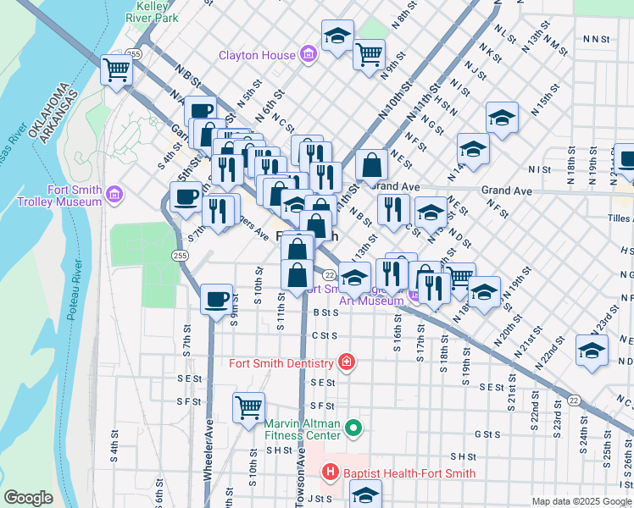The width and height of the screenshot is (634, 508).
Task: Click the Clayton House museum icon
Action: (x=308, y=55)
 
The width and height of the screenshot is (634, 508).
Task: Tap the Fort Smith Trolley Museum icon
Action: (x=114, y=197)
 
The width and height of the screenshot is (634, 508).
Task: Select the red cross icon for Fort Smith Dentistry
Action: (x=345, y=363)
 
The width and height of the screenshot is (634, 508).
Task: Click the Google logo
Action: (x=29, y=498)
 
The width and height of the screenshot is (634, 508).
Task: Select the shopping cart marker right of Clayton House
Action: (x=369, y=55)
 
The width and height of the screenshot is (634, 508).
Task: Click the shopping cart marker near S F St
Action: (x=248, y=408)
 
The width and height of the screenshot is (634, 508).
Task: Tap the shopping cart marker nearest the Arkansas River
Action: (x=117, y=70)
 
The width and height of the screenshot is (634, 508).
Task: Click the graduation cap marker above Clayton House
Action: (x=337, y=36)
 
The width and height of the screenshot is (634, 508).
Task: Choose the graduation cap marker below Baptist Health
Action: (x=366, y=494)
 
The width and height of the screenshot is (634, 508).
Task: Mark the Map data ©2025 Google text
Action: (x=581, y=501)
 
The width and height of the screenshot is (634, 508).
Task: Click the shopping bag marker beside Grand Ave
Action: (x=372, y=164)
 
